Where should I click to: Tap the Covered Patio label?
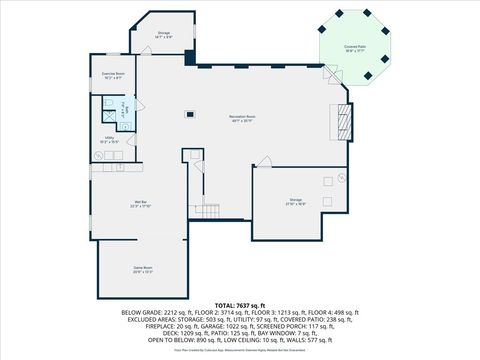(354, 46)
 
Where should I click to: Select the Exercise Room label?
(113, 76)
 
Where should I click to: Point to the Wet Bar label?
(139, 205)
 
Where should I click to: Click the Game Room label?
(143, 270)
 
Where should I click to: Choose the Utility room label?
(109, 141)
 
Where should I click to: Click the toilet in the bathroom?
(108, 103)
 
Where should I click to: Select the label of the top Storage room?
(164, 35)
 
